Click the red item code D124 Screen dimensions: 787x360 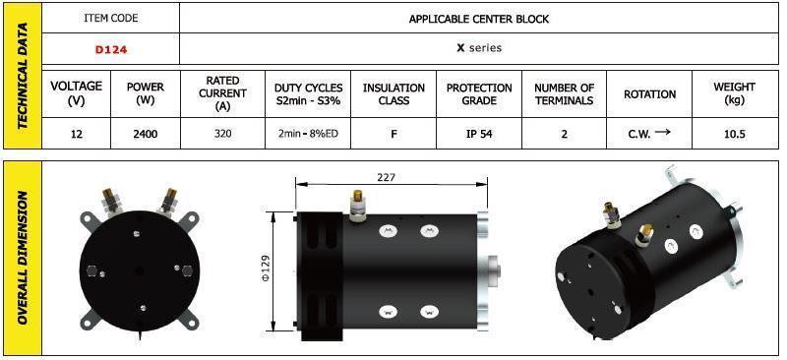(111, 49)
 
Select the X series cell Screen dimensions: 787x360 (479, 48)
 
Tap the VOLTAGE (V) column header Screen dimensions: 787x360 (77, 93)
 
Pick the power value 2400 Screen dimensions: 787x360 (145, 134)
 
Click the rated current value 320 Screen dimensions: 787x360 (222, 134)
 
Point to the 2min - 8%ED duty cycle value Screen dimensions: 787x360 (308, 134)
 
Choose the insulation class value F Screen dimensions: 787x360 (393, 134)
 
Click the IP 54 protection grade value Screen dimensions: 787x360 (479, 134)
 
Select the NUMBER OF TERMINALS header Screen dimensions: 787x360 (564, 93)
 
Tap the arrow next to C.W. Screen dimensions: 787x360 (662, 133)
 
